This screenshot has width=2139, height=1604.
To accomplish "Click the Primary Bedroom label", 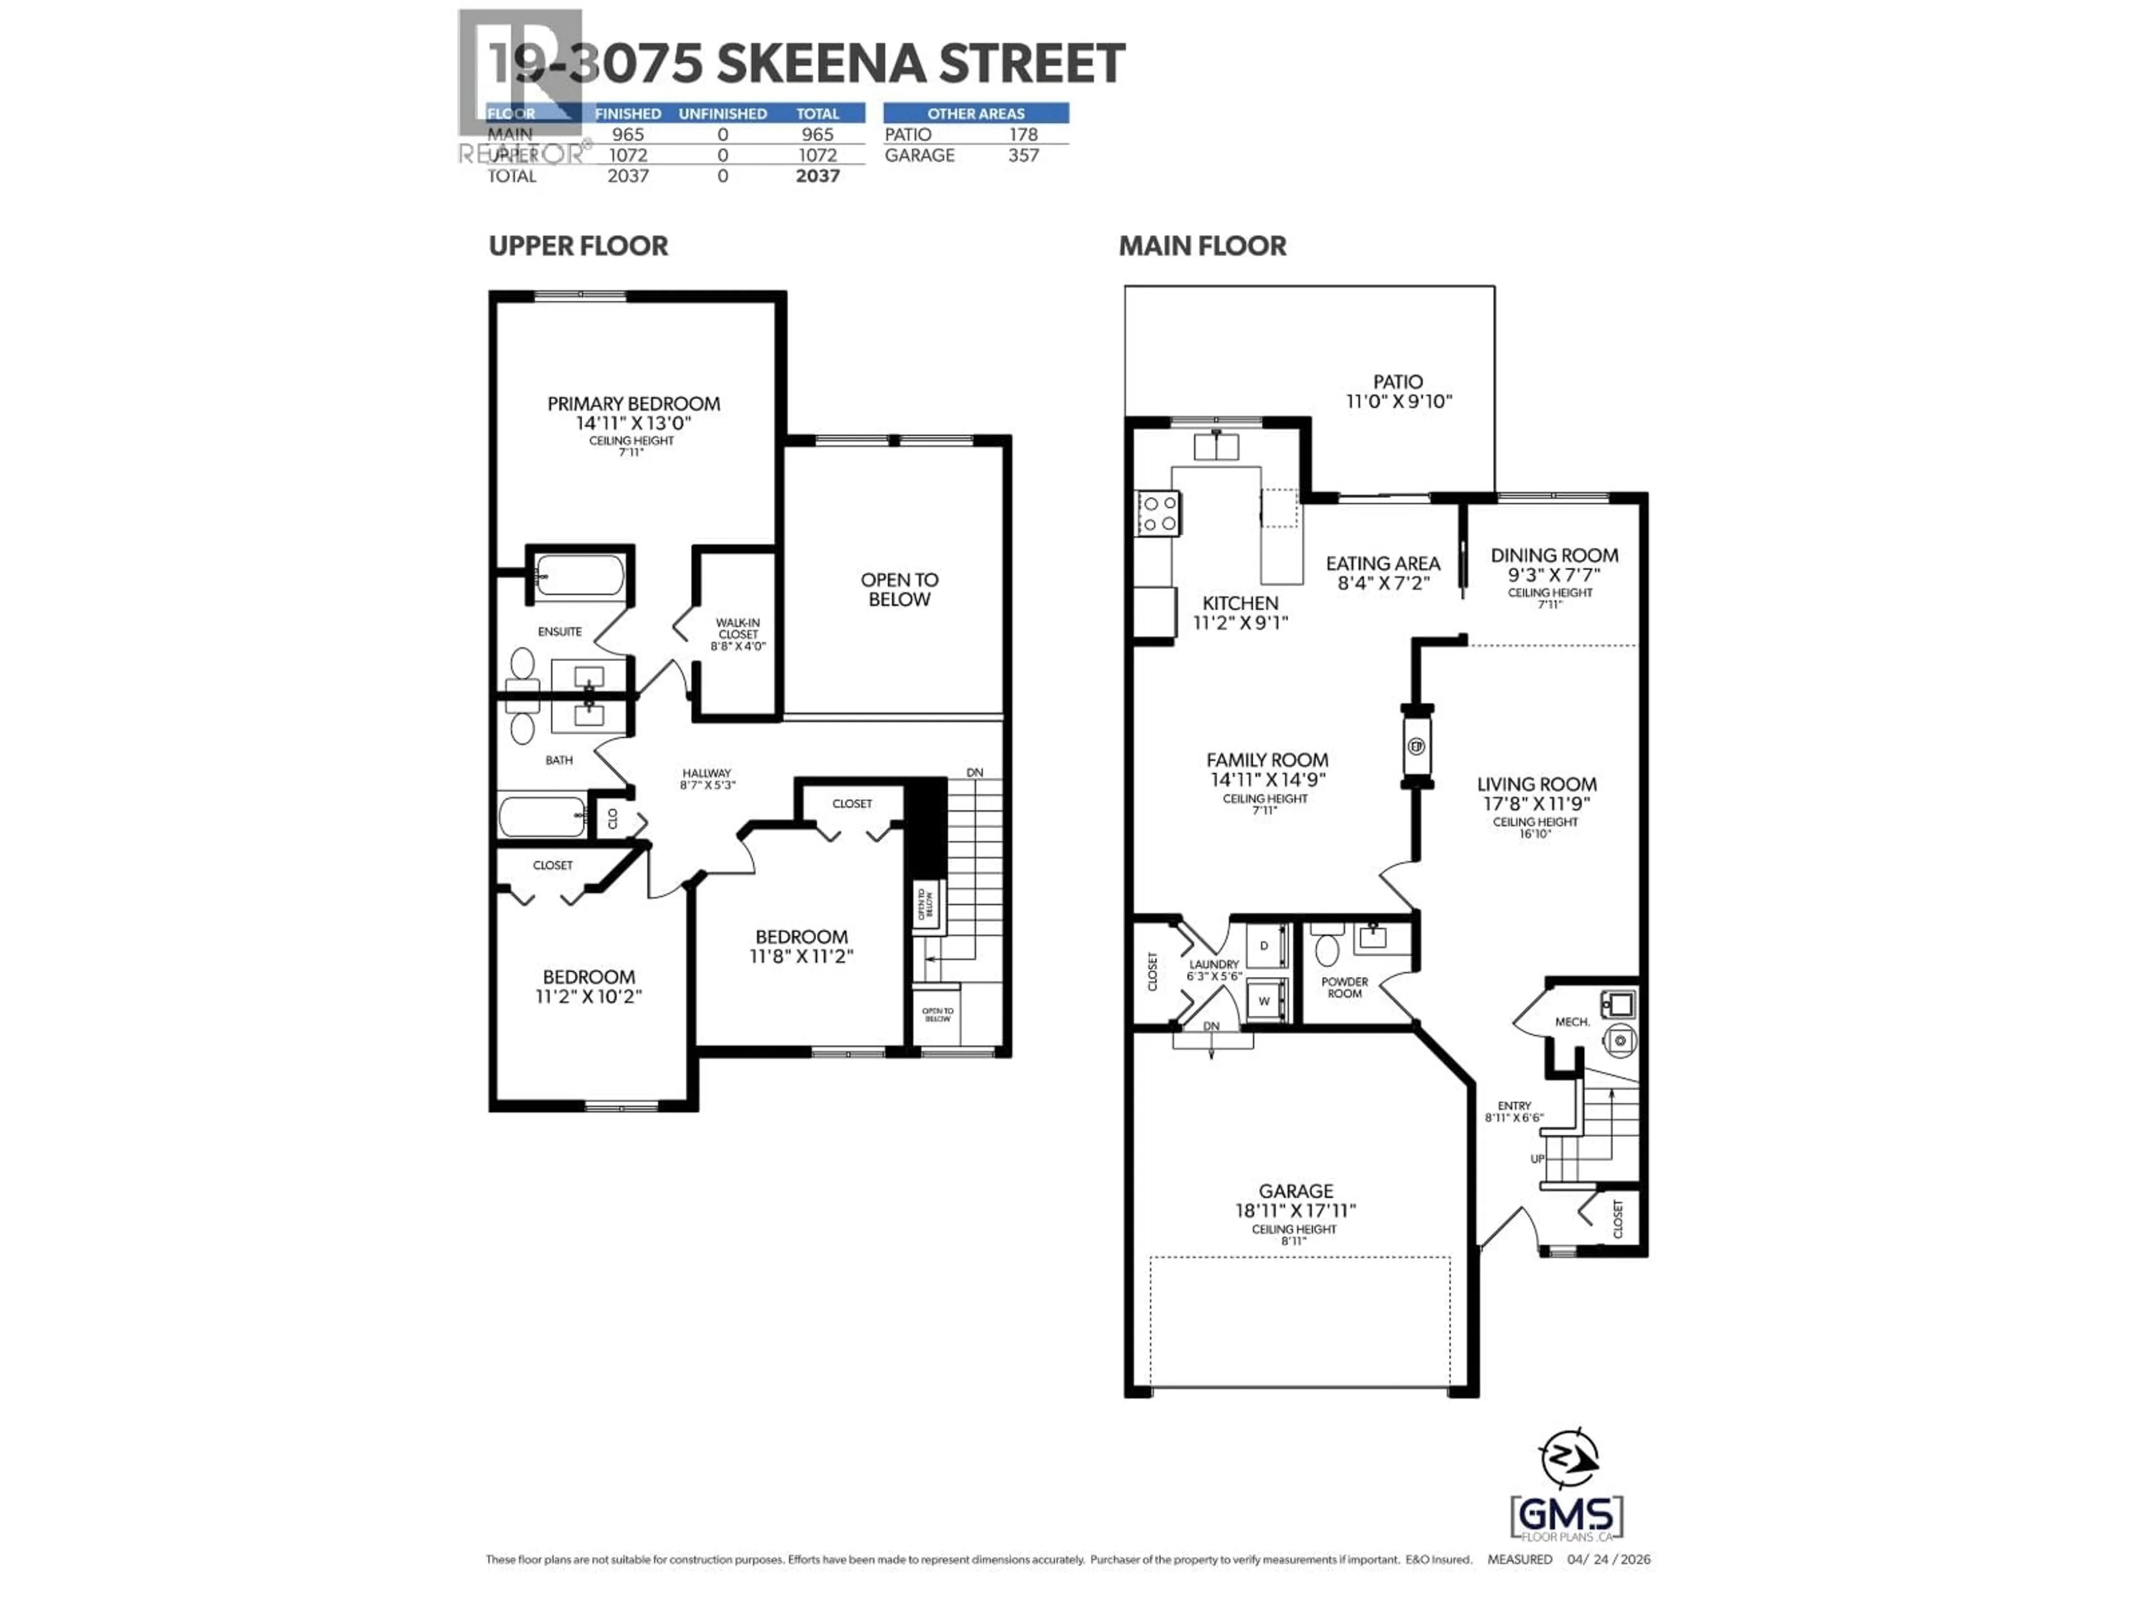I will pos(633,403).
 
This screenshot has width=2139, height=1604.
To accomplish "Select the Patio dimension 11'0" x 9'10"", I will pos(1398,401).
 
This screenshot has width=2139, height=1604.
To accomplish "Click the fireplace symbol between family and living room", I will pos(1417,745).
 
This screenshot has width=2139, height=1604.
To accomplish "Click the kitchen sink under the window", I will pos(1215,447).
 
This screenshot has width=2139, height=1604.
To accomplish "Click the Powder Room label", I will pos(1344,987).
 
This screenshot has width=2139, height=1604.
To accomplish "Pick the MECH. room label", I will pos(1571,1022).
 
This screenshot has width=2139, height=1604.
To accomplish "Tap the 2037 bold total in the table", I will pos(817,176).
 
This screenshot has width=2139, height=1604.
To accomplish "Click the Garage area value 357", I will pos(1023,155).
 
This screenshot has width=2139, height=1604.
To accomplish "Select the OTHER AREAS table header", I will pos(976,113).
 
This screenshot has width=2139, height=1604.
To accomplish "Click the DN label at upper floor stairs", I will pos(975,772).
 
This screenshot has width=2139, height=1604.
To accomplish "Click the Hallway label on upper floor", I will pos(707,774).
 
